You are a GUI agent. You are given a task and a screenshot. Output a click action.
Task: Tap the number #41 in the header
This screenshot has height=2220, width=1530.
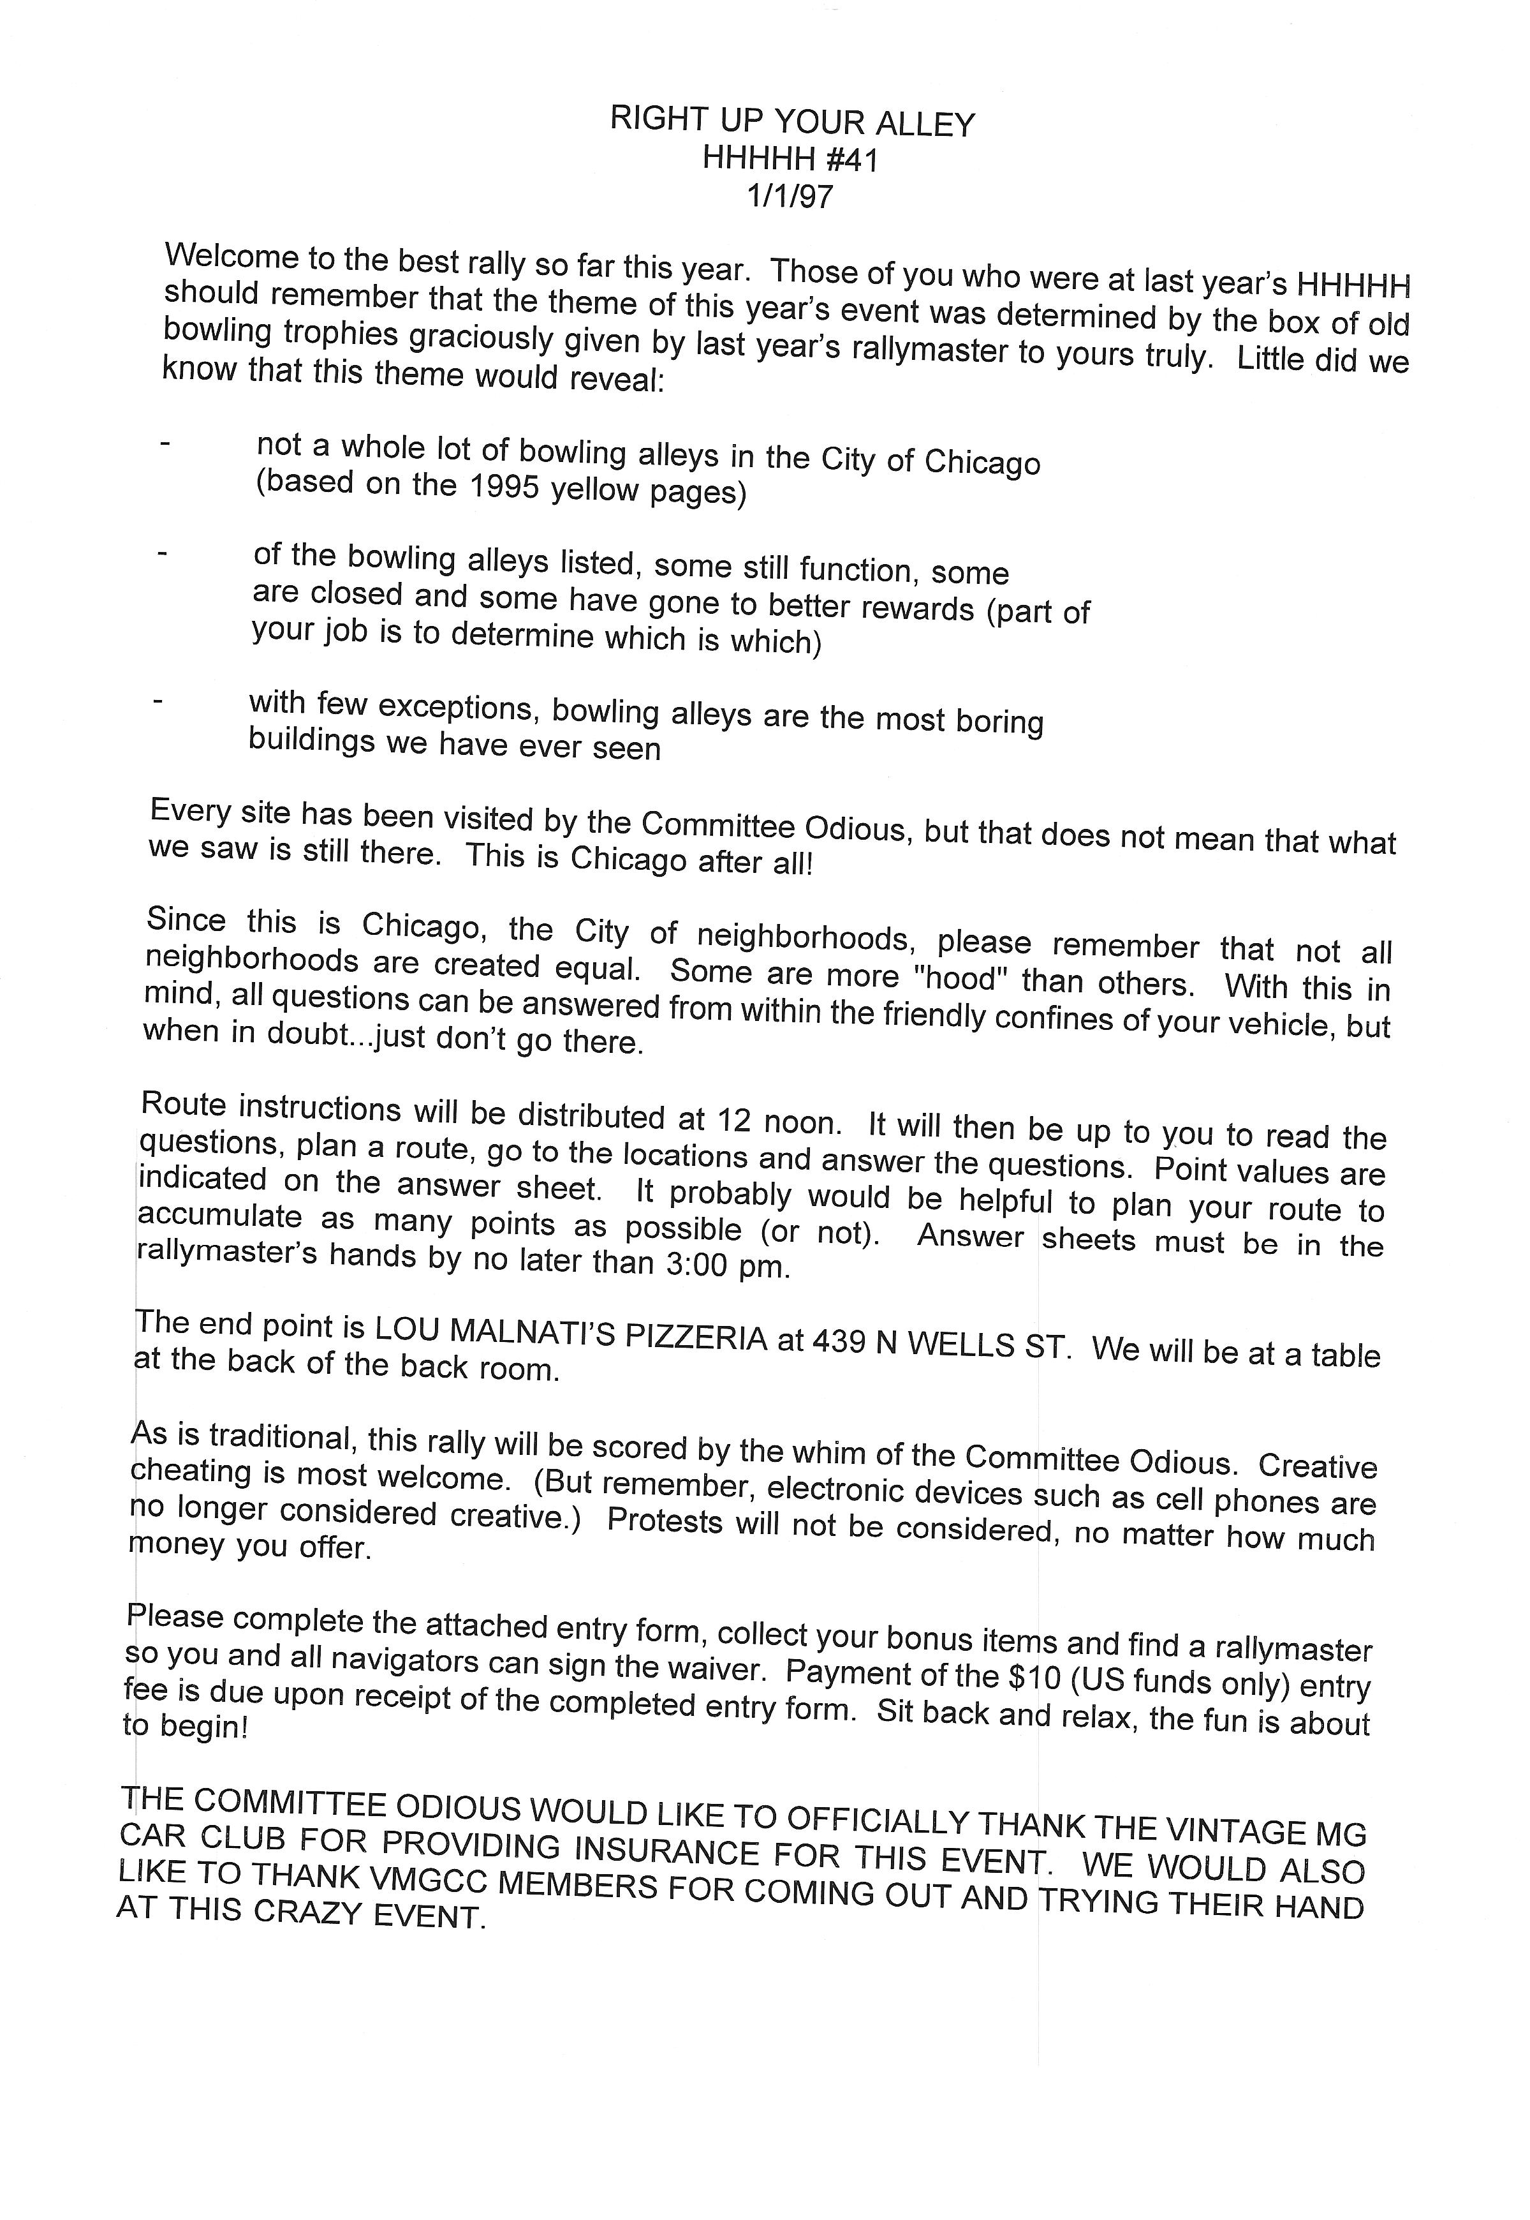[850, 159]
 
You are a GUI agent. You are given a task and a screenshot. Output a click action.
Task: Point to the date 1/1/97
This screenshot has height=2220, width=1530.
[790, 196]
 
